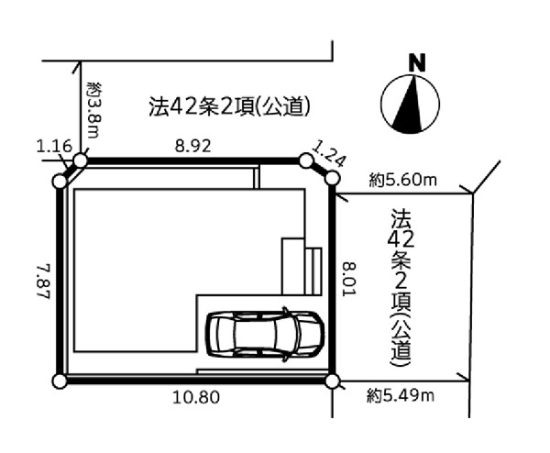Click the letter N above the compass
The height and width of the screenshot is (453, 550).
pos(417,63)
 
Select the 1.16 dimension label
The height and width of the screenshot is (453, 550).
pos(53,145)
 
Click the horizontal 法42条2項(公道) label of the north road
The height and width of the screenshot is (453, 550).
pos(228,107)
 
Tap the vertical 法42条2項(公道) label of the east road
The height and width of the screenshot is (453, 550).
pos(401,285)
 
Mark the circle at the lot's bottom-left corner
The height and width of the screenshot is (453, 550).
pos(60,379)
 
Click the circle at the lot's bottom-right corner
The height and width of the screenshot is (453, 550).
pos(332,379)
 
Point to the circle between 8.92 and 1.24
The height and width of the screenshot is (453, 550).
pos(306,160)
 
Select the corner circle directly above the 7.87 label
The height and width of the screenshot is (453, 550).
pos(60,182)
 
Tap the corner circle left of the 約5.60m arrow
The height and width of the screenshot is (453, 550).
pos(330,181)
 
